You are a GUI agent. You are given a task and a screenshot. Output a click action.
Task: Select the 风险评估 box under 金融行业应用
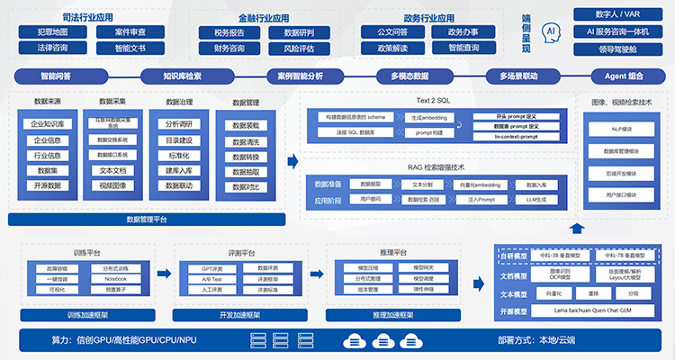coord(299,48)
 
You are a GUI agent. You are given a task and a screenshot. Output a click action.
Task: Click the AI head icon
coord(552,31)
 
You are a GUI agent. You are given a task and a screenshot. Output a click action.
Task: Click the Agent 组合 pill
coord(617,76)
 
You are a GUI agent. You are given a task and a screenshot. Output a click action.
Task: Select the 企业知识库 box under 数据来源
coord(47,124)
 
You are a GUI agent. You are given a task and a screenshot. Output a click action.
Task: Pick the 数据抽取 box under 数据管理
coord(246,171)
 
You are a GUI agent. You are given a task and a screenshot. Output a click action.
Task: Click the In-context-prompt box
coord(517,137)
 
